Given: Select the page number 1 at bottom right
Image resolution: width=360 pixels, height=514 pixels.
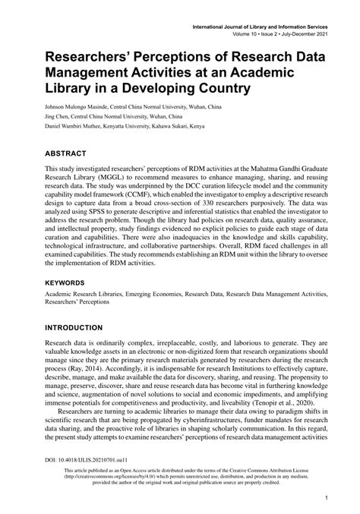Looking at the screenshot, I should (x=325, y=498).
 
